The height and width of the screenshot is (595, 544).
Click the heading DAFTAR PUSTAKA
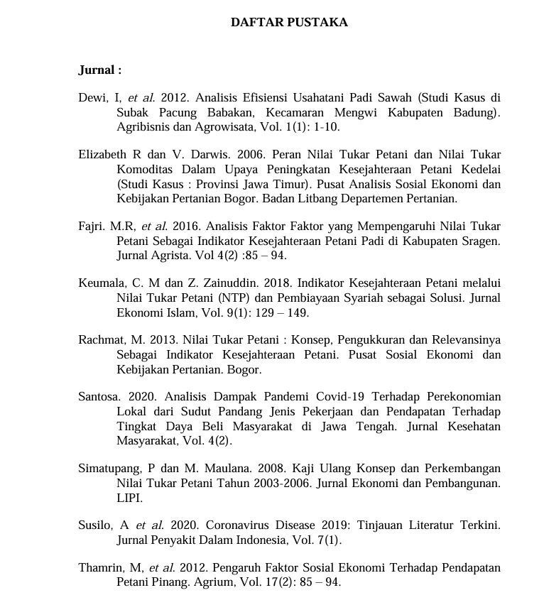point(289,23)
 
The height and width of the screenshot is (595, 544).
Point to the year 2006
point(186,155)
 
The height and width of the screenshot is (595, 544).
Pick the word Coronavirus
point(242,526)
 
